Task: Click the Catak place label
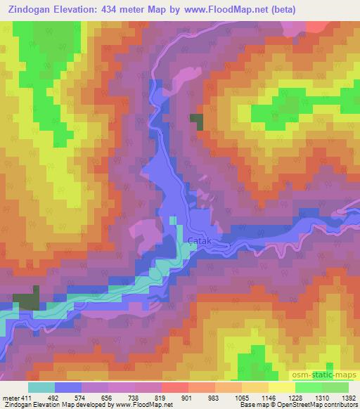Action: coord(198,240)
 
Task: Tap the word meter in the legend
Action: coord(11,398)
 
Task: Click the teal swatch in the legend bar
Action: coord(41,387)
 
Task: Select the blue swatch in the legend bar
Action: coord(68,387)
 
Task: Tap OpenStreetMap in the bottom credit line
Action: coord(317,405)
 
